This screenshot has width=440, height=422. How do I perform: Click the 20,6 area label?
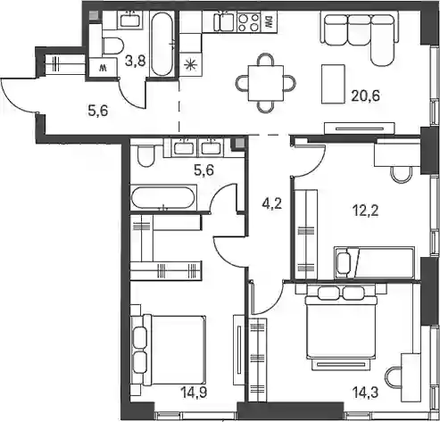[365, 96]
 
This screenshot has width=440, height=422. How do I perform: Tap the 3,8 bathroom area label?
[136, 62]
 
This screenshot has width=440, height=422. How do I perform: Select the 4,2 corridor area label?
[271, 204]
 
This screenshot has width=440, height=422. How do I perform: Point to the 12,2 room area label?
[365, 211]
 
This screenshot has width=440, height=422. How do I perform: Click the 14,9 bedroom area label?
[194, 392]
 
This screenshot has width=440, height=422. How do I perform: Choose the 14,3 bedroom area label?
[365, 393]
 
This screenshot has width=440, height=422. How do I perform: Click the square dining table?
[266, 83]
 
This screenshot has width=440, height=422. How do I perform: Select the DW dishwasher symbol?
[269, 22]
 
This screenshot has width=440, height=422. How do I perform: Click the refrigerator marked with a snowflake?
[191, 64]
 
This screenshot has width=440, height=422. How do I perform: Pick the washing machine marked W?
[103, 68]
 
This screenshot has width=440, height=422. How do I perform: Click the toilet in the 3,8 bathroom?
[112, 46]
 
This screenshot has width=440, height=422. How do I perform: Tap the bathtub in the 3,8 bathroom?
[162, 44]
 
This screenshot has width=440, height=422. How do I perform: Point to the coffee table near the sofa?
[333, 84]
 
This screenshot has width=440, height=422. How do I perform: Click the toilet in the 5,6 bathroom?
[145, 156]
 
